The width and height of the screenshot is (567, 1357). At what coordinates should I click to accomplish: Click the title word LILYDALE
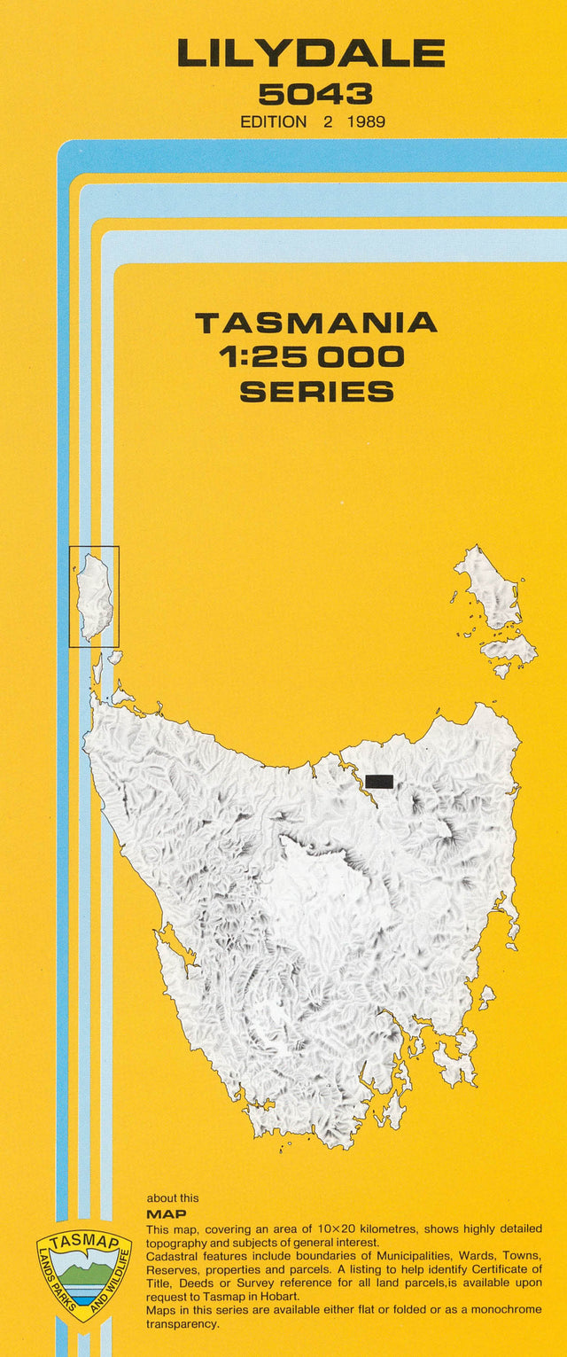[310, 53]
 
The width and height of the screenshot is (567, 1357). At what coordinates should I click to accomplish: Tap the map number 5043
[315, 94]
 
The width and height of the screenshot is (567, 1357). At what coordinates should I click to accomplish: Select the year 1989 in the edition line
[366, 122]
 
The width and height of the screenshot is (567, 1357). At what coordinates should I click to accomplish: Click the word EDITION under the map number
[274, 122]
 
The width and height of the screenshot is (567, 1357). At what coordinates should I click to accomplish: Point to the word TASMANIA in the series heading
[316, 323]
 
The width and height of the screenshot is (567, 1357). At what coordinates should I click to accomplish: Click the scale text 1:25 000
[311, 357]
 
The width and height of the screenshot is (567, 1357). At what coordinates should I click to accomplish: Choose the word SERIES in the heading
[316, 391]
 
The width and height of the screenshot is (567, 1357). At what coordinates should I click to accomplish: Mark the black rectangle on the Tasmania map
[379, 781]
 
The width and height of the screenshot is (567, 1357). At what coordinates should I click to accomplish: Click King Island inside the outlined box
[94, 596]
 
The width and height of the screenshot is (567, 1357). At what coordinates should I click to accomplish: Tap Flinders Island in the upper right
[489, 589]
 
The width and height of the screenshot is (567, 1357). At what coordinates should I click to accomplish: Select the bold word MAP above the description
[167, 1213]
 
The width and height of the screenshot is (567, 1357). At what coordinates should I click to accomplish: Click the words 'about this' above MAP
[173, 1198]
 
